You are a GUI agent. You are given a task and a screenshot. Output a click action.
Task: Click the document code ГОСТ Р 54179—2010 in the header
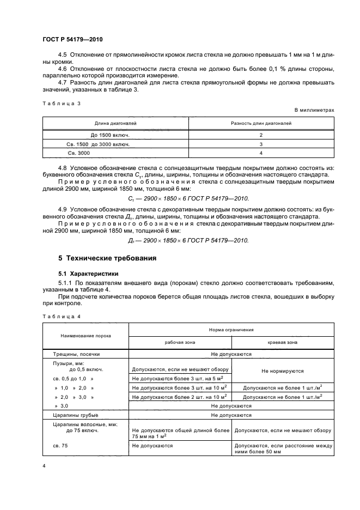tap(72, 40)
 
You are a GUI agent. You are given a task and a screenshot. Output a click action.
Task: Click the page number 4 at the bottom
tap(44, 466)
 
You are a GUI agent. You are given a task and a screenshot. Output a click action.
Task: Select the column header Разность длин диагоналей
tap(261, 124)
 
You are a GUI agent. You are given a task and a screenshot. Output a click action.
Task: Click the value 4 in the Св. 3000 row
tap(261, 154)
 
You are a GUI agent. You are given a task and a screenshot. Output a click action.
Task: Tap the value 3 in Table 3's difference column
tap(261, 144)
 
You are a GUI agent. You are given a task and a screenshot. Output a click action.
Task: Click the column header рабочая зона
tap(180, 343)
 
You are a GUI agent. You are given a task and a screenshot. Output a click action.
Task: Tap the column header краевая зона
tap(283, 343)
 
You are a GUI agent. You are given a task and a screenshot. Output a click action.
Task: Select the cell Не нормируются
tap(283, 371)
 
